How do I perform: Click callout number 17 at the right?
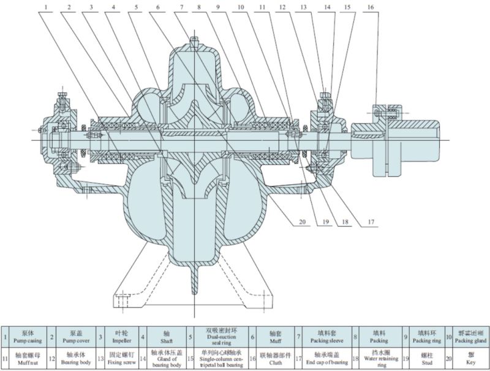(371, 222)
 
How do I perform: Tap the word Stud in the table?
(423, 361)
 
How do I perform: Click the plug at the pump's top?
(194, 41)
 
